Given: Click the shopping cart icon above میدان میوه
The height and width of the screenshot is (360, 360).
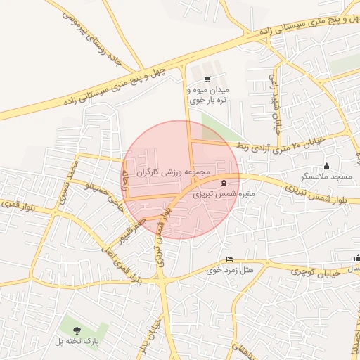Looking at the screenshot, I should coord(207,79).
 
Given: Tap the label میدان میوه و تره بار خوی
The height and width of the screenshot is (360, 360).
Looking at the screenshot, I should coord(207,95).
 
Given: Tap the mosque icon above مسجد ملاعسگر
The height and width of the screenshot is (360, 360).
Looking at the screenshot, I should coord(326,167).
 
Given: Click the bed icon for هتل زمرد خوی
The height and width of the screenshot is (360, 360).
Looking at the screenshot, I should coord(229,259).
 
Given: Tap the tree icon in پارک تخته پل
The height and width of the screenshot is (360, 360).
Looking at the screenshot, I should coord(77,330).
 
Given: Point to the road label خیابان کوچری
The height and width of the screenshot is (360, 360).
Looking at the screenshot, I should coord(316,271).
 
